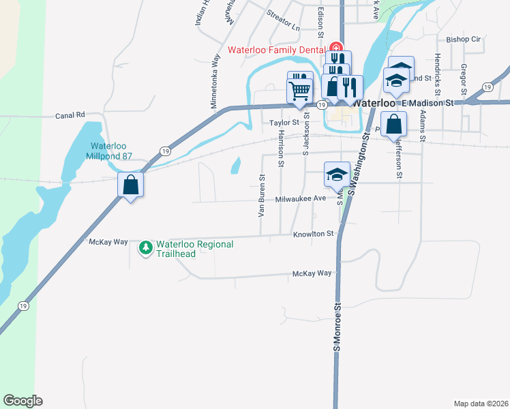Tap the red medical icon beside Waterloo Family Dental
point(335,48)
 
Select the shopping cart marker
point(300,90)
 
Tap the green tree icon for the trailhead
point(145,249)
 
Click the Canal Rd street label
point(70,115)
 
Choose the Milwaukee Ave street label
point(301,198)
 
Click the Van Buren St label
point(261,196)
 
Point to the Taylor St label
point(284,123)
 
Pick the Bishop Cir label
point(464,40)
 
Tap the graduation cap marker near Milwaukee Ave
point(337,175)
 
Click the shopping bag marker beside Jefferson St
point(394,125)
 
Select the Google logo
point(22,401)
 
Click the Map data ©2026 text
point(481,404)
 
